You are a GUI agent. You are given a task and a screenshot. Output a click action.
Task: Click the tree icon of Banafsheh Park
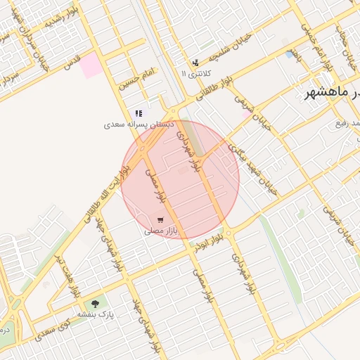coord(95,303)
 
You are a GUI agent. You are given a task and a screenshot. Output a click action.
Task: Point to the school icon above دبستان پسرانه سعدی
coord(139,113)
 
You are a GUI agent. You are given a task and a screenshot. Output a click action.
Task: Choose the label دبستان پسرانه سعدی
coord(139,124)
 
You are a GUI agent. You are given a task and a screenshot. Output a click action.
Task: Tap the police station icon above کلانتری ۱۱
coord(195,63)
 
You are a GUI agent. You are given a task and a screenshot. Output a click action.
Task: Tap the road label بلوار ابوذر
coord(210,242)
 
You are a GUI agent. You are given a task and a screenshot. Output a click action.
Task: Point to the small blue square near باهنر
coord(290,53)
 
